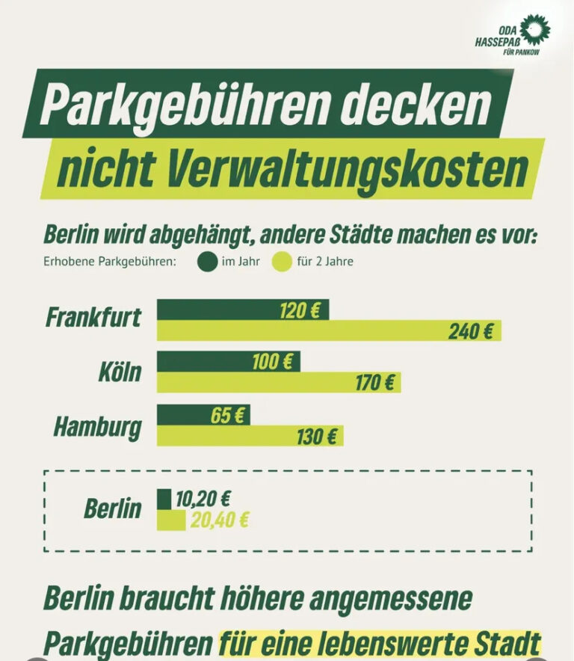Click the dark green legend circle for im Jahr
tap(206, 262)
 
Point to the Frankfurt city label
tap(93, 317)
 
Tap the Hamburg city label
tap(97, 427)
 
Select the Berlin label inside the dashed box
tap(112, 509)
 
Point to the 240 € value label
tap(471, 331)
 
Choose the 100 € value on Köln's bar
tap(272, 363)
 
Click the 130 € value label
tap(317, 437)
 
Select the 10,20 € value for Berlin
tap(203, 499)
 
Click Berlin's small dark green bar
tap(164, 499)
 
